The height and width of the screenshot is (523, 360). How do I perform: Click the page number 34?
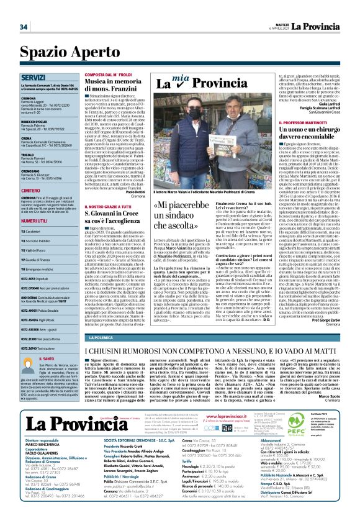point(24,26)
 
